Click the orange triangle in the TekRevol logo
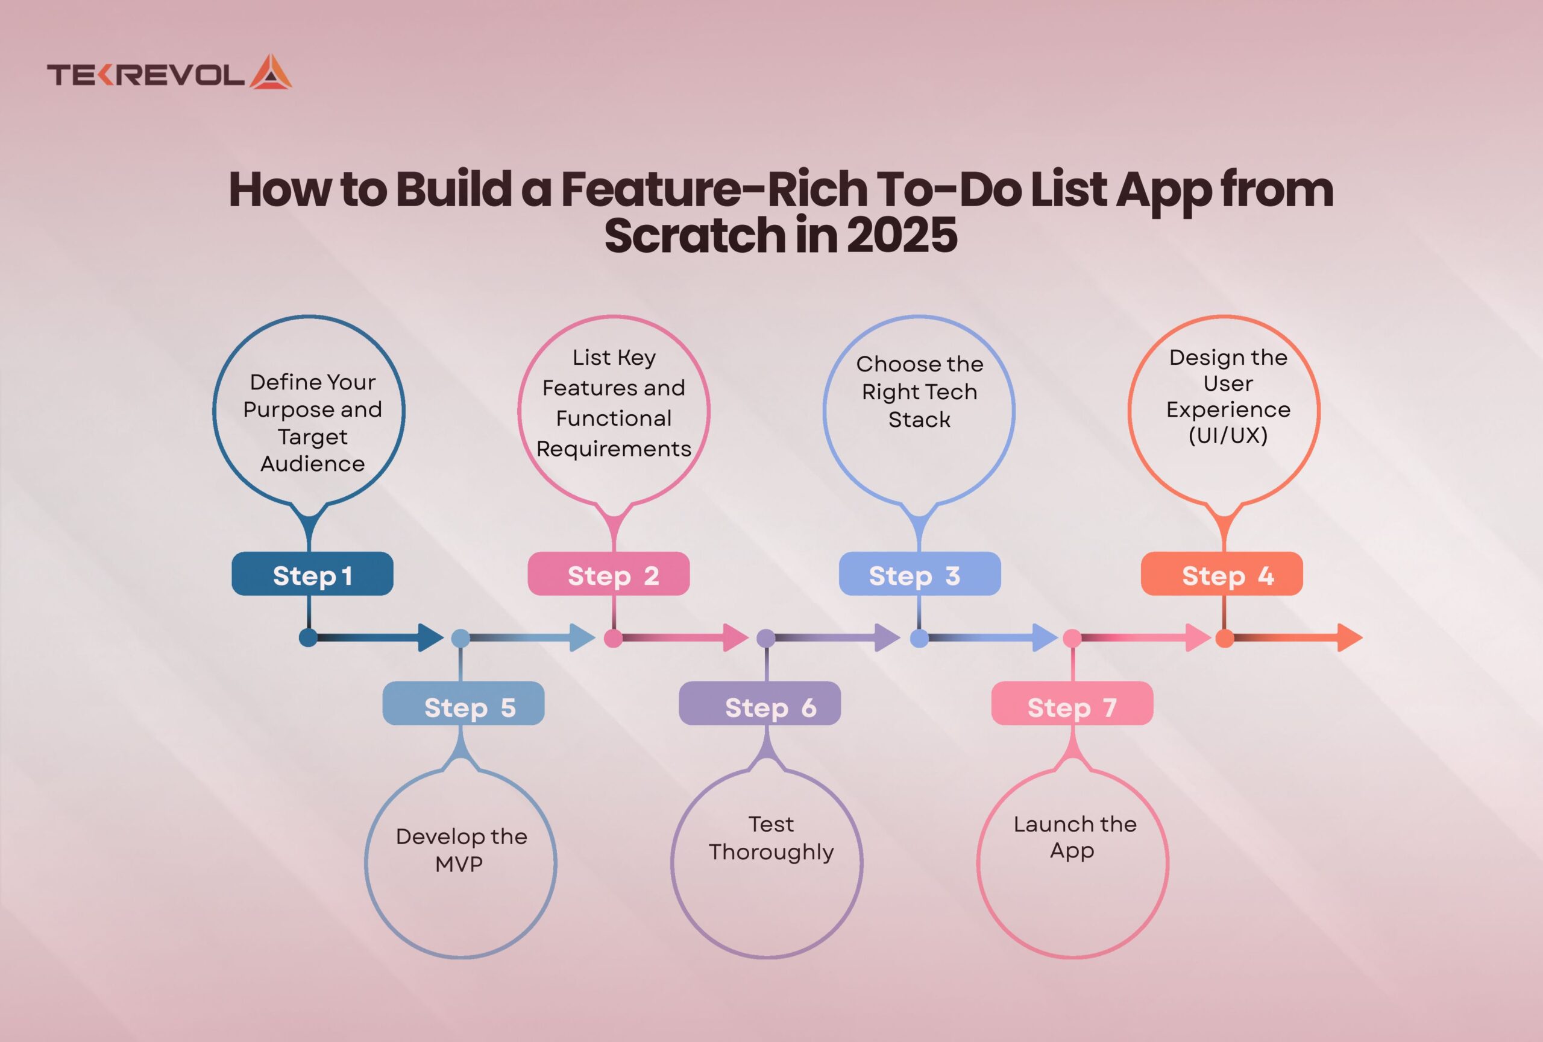pos(270,72)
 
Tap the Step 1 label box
pos(312,574)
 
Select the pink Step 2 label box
pos(608,574)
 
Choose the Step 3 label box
pos(920,574)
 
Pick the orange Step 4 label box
pos(1222,574)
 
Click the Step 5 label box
pos(464,703)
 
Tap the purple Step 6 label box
pos(759,703)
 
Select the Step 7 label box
pos(1072,703)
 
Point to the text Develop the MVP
pos(460,850)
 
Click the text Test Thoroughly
pos(771,838)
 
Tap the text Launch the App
pos(1074,838)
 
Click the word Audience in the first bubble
pos(313,464)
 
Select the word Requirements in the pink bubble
pos(614,450)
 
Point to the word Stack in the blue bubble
pos(919,420)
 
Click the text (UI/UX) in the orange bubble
pos(1228,435)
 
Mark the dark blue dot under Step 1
pos(308,637)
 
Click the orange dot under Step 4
pos(1224,638)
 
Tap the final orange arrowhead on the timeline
pos(1349,637)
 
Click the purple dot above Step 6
pos(766,638)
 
